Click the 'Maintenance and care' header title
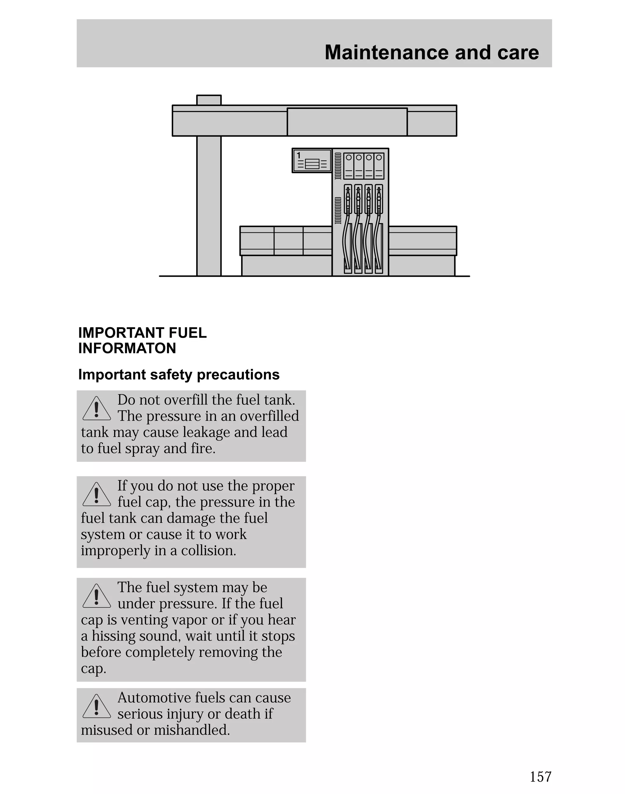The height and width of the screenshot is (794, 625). click(432, 52)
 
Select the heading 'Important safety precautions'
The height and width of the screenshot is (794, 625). click(179, 375)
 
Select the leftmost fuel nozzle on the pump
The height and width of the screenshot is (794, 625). click(348, 199)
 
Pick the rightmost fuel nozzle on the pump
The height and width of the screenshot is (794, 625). click(379, 199)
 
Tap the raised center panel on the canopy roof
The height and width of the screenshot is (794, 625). click(347, 122)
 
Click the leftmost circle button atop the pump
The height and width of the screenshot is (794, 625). click(349, 157)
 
